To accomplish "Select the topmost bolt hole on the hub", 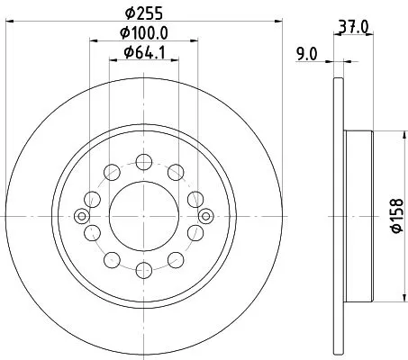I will point(143,162).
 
